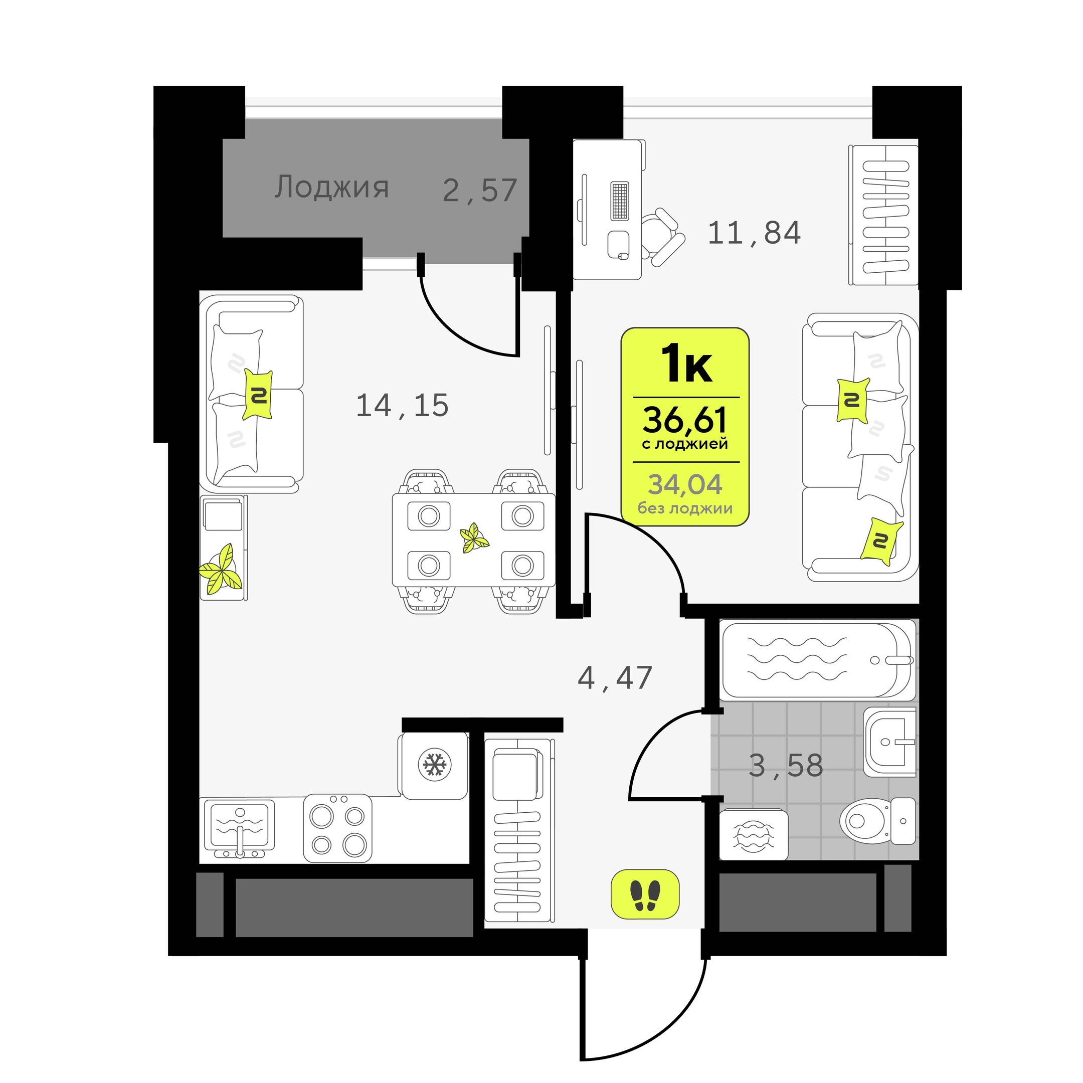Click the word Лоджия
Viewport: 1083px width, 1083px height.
click(331, 187)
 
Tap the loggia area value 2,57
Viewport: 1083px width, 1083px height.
click(480, 191)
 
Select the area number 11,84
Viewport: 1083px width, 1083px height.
click(755, 233)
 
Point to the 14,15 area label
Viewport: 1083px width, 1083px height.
click(403, 405)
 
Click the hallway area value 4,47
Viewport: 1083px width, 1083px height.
click(615, 678)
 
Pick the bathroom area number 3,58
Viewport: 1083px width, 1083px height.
click(786, 765)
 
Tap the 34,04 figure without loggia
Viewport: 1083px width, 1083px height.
click(685, 484)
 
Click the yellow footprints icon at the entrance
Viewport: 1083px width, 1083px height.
click(645, 893)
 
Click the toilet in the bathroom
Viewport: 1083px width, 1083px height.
click(878, 821)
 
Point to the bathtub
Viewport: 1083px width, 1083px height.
click(818, 660)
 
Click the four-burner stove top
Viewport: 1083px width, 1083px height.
click(337, 827)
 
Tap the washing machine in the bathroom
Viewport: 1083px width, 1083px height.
click(754, 835)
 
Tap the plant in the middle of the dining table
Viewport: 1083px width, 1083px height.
click(474, 537)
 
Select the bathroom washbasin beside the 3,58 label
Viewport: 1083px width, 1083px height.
click(889, 742)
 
